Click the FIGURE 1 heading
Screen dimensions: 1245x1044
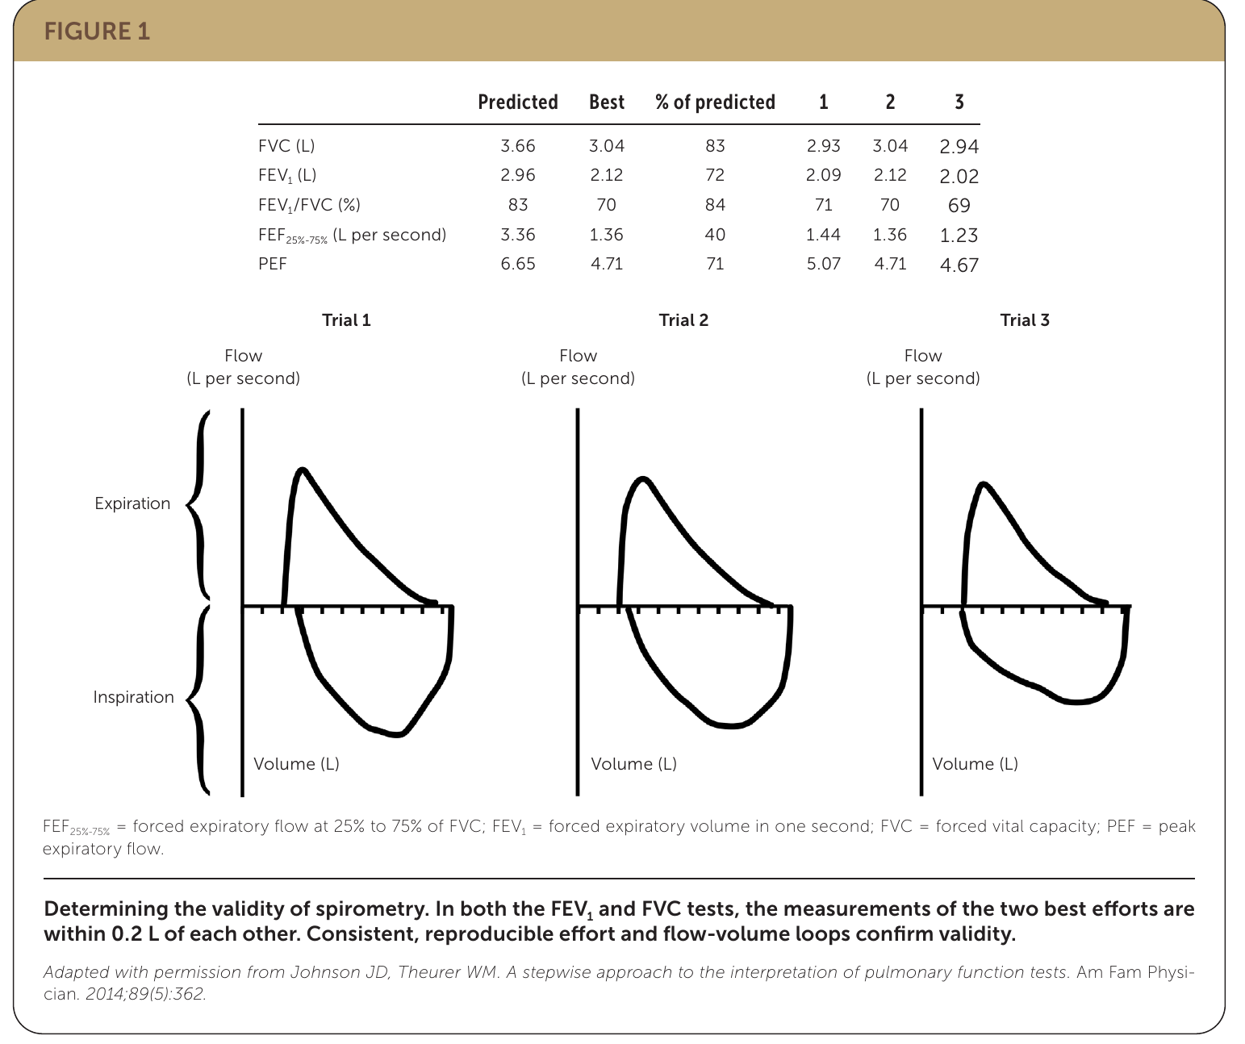tap(97, 31)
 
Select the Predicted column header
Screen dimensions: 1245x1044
tap(517, 102)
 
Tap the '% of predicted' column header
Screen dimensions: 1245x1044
tap(715, 102)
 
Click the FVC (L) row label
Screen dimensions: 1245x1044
tap(286, 146)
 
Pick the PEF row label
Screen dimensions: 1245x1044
tap(273, 264)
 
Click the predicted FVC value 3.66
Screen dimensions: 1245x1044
tap(517, 146)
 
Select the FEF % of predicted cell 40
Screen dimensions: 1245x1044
tap(715, 234)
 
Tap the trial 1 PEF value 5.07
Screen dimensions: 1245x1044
tap(824, 264)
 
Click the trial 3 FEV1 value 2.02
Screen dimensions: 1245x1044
tap(959, 177)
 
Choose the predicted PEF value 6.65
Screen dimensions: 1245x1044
tap(517, 264)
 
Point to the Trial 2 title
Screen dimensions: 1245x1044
tap(683, 320)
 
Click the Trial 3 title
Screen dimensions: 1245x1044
tap(1025, 320)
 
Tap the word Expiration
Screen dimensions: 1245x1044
tap(132, 503)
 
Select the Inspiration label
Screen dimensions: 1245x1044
tap(134, 697)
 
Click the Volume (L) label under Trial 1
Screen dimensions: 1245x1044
tap(296, 764)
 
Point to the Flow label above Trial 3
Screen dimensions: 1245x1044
tap(923, 356)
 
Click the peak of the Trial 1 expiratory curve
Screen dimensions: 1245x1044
tap(303, 470)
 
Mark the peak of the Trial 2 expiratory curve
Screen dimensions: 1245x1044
tap(642, 478)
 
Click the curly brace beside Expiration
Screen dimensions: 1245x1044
tap(198, 503)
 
